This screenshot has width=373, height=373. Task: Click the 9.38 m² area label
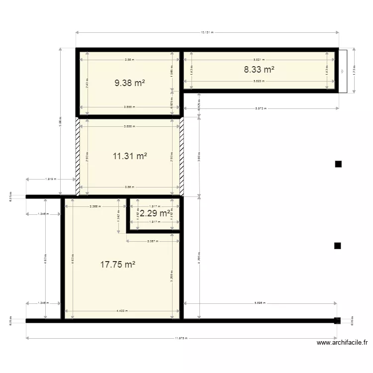[x=130, y=83]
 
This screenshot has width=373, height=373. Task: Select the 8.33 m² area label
[x=259, y=70]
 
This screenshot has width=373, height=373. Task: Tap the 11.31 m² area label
[x=130, y=156]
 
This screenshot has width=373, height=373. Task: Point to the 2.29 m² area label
[x=155, y=213]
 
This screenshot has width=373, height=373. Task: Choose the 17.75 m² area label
[x=118, y=265]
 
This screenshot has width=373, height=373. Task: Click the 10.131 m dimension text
[x=207, y=33]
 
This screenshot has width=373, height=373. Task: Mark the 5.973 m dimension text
[x=261, y=108]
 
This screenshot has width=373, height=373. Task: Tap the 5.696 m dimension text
[x=260, y=302]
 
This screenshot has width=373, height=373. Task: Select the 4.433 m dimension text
[x=122, y=311]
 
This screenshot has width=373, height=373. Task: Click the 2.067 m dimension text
[x=153, y=241]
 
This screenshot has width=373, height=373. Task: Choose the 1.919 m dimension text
[x=50, y=179]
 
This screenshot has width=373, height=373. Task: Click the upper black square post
[x=338, y=164]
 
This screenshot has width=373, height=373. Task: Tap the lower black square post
[x=338, y=245]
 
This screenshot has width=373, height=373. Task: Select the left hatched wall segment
[x=78, y=156]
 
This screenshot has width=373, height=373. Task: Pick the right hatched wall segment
[x=182, y=156]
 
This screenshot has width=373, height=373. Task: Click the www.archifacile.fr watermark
[x=343, y=343]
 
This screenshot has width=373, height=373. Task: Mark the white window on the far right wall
[x=343, y=70]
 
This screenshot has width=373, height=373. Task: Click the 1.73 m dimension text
[x=354, y=70]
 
